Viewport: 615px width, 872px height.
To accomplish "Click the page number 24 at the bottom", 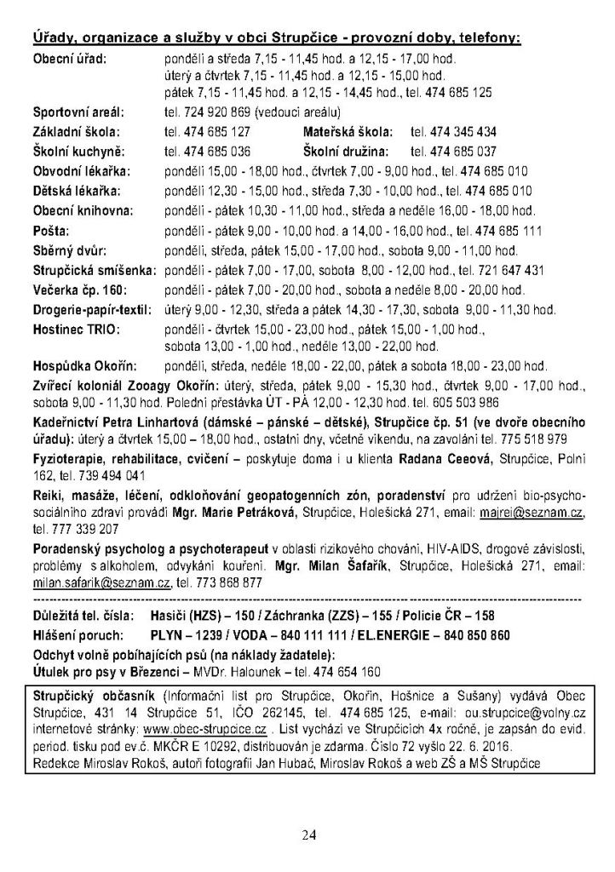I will click(x=307, y=835).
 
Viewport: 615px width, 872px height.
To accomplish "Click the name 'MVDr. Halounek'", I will click(x=273, y=671).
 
